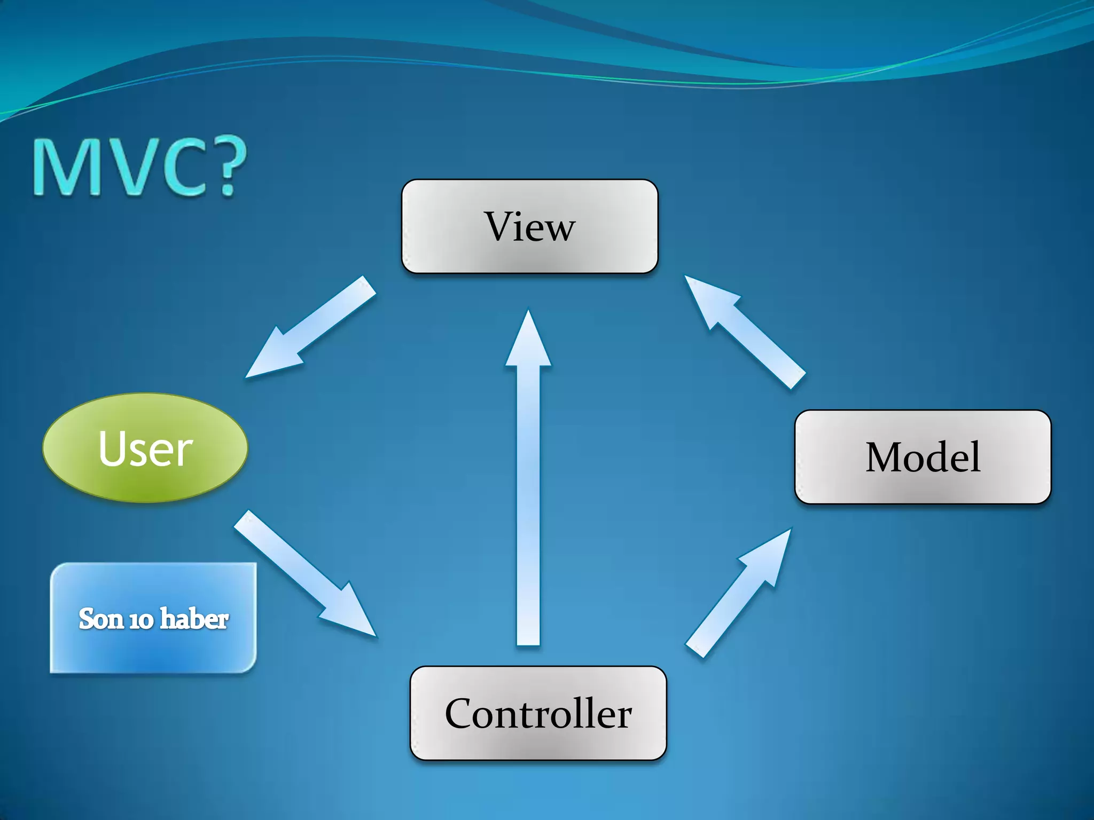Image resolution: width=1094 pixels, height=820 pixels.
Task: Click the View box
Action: click(x=529, y=226)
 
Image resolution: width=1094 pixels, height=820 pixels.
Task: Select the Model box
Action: click(x=923, y=457)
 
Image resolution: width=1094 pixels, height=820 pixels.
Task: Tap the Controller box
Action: click(x=538, y=713)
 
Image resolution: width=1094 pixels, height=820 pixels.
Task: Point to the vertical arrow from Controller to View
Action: click(x=528, y=480)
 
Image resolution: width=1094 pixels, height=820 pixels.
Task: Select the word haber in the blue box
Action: click(x=194, y=618)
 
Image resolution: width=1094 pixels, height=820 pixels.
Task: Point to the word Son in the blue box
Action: click(x=101, y=619)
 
